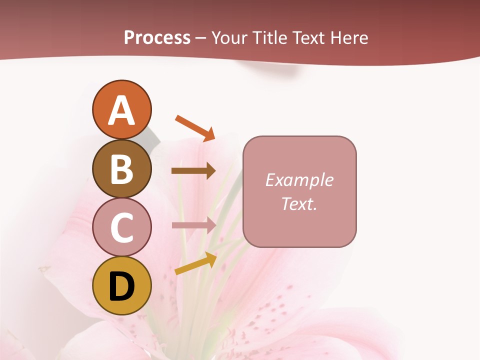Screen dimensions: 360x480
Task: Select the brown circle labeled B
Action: click(121, 169)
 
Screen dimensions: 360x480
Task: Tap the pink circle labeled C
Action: click(121, 228)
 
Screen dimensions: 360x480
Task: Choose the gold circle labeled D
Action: click(121, 286)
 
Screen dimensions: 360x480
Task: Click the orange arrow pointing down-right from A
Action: click(195, 127)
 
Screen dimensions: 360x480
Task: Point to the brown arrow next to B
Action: click(193, 171)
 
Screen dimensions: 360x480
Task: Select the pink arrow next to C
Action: click(193, 225)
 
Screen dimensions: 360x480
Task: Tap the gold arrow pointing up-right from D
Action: click(195, 263)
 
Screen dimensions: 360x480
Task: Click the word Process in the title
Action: click(157, 38)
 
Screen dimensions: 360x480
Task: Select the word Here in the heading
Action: click(349, 38)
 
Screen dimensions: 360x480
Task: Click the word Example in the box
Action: click(299, 180)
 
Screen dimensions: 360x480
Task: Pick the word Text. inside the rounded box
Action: click(299, 203)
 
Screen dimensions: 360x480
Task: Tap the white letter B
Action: click(121, 169)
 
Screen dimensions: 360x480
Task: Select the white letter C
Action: click(121, 228)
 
